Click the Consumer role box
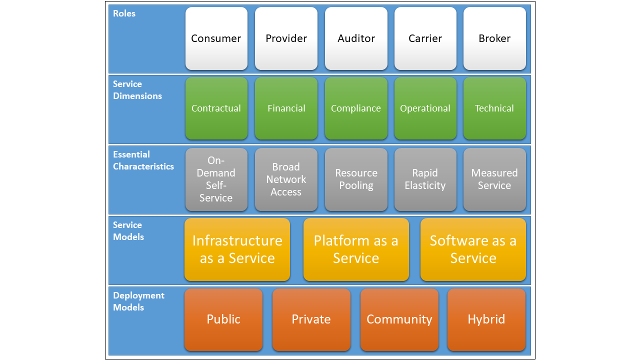click(216, 38)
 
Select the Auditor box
click(356, 38)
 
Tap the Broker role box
click(494, 38)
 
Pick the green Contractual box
click(216, 108)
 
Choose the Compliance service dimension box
click(356, 108)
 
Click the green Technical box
click(494, 108)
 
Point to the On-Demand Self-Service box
click(216, 179)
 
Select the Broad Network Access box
click(286, 179)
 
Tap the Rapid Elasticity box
click(425, 179)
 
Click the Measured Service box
click(494, 179)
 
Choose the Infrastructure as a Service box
click(237, 249)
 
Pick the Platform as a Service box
click(356, 249)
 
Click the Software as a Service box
click(473, 249)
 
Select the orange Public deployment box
click(223, 319)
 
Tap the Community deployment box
click(399, 319)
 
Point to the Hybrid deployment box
click(486, 319)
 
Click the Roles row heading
click(124, 13)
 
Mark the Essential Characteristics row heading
click(143, 160)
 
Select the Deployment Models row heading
click(138, 301)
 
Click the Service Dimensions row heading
click(137, 90)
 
